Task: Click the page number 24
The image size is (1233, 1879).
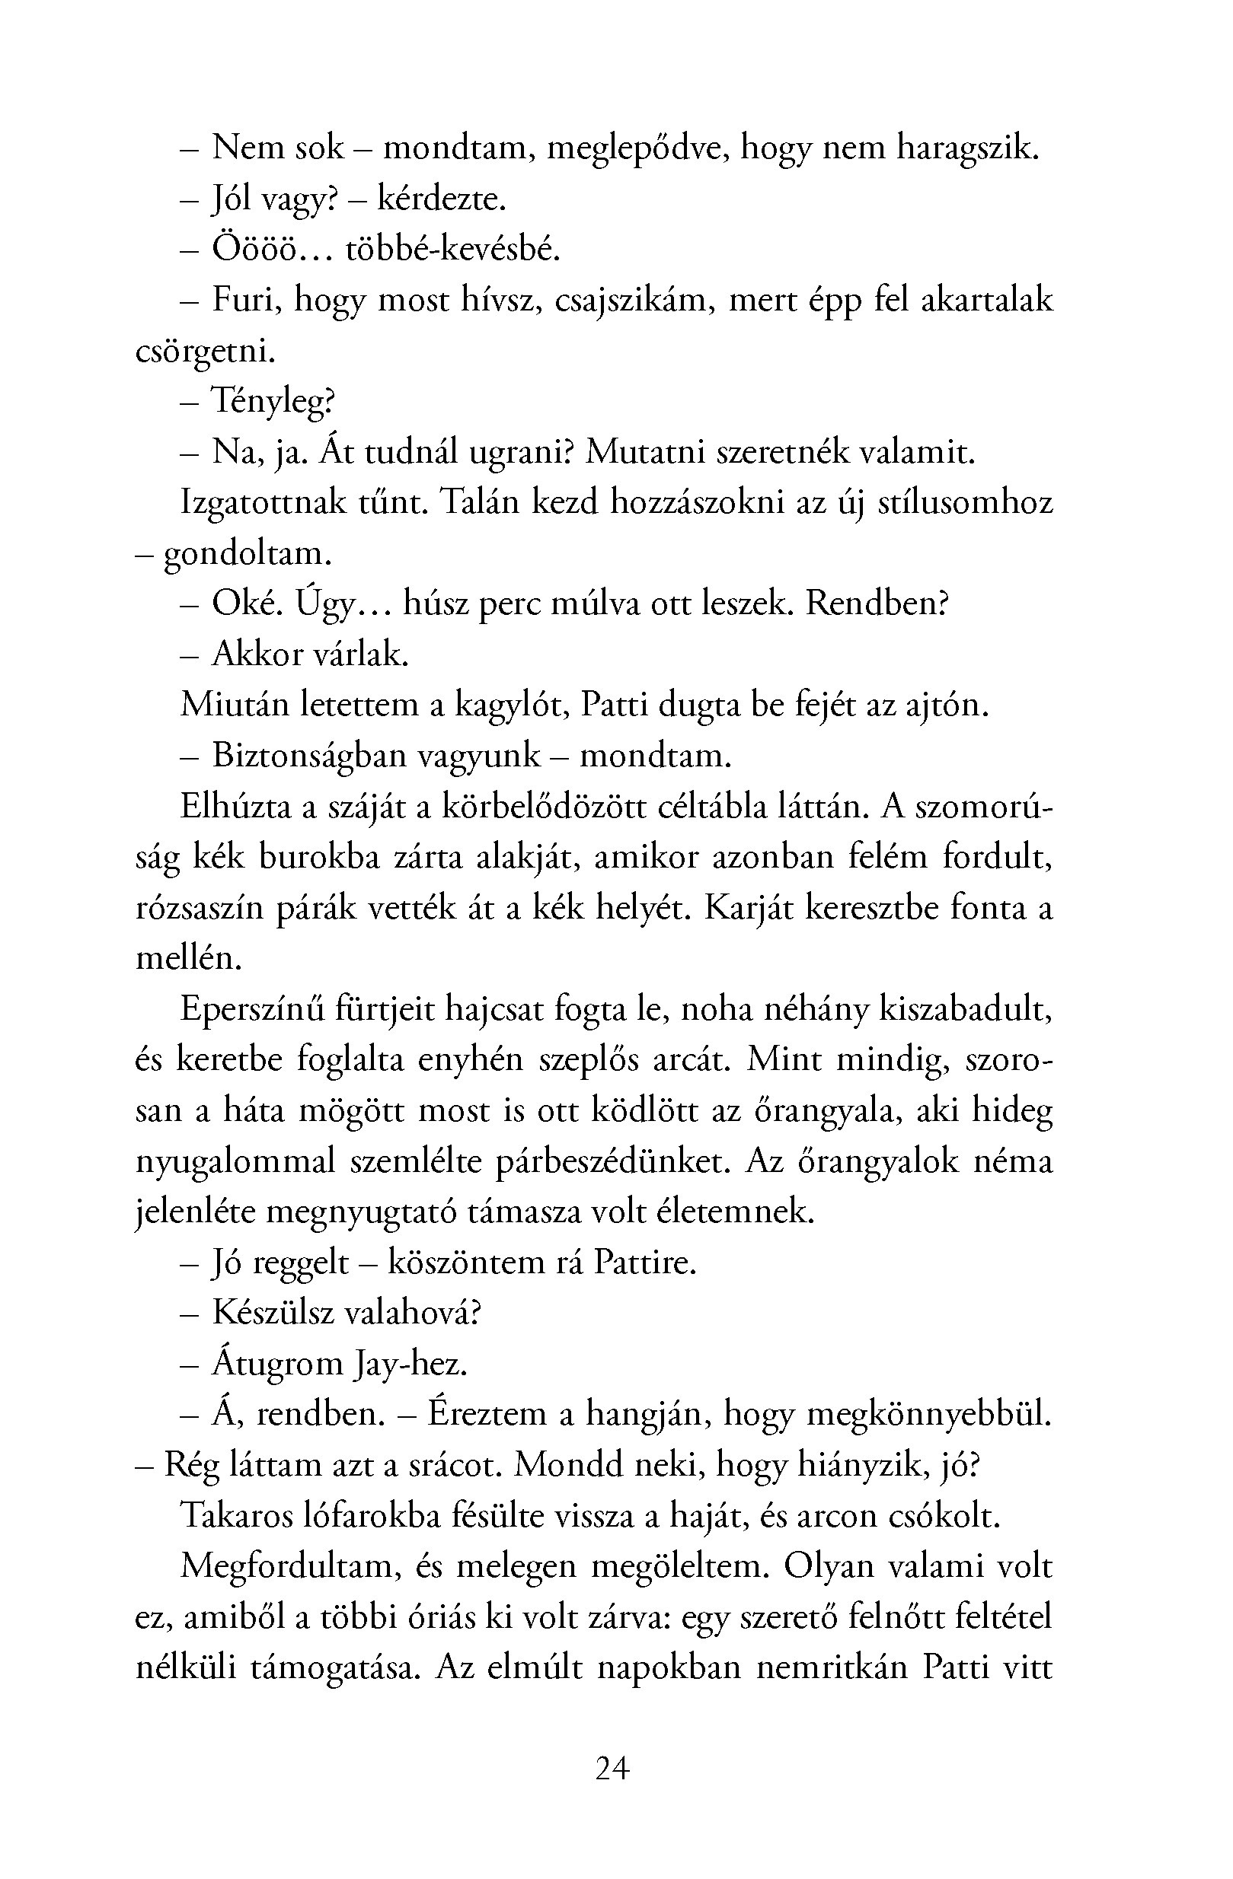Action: [x=612, y=1769]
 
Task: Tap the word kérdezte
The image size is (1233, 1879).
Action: [x=441, y=199]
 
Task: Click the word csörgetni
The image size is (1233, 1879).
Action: [x=206, y=352]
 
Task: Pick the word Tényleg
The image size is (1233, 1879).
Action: [x=273, y=403]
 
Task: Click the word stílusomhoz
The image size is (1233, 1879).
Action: [x=965, y=503]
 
